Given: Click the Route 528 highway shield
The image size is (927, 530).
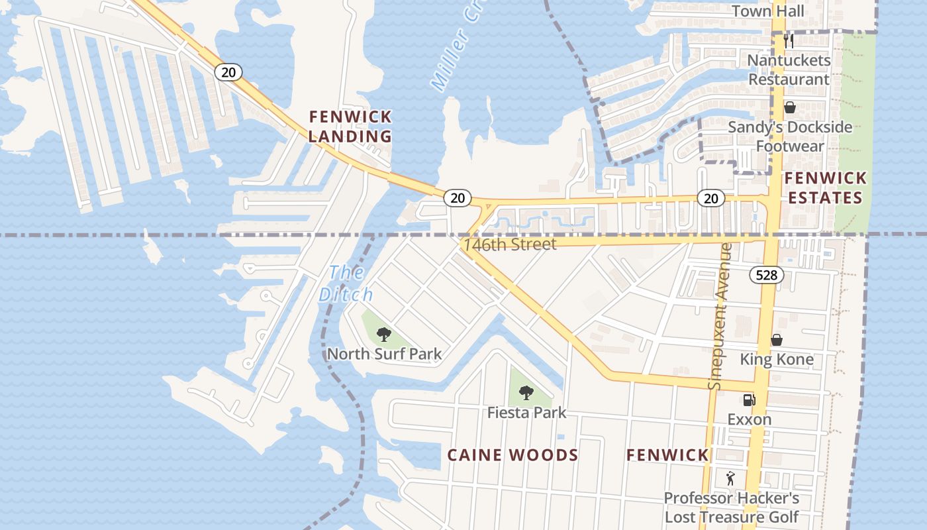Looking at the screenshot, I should coord(767,275).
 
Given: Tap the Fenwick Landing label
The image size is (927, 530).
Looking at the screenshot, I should coord(350,127).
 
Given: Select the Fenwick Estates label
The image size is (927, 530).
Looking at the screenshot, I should coord(824,188).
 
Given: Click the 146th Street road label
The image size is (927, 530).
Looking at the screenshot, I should coord(510,244).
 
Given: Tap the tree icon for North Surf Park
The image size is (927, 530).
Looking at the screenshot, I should coord(383,335).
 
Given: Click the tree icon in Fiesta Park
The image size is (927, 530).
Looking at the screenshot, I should coord(526,393).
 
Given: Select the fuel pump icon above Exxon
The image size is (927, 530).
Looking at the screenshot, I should coord(749,400).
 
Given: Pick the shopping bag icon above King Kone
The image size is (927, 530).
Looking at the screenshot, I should coord(777,340).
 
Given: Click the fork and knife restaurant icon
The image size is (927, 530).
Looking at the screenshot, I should coord(788,40).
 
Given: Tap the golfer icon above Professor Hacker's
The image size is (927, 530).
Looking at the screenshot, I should coord(730,478).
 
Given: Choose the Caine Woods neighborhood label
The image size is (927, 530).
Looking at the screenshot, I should coord(512,455).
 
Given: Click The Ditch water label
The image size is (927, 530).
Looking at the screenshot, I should coord(346,284).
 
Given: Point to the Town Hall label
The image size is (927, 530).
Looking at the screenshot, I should coord(768,11).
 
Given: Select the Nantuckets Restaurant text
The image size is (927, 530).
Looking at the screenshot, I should coord(788,70).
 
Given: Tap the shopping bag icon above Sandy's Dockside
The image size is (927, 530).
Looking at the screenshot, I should coord(790,107).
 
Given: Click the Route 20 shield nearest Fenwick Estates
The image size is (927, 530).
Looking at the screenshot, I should coord(710,198).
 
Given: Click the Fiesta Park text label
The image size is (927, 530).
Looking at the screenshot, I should coord(526,413).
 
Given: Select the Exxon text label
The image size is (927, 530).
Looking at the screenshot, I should coord(749,420).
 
